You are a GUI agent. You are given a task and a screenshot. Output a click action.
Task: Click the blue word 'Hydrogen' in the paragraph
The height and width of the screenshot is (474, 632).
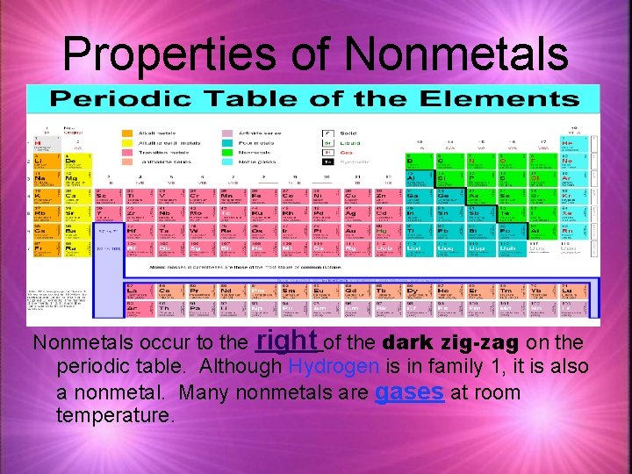tap(334, 366)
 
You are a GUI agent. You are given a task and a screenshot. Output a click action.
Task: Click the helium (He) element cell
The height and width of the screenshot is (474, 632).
tap(568, 144)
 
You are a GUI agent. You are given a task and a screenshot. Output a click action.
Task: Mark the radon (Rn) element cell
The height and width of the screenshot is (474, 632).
tap(568, 233)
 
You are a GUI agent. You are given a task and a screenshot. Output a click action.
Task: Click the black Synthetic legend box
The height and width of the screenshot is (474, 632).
tap(327, 162)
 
